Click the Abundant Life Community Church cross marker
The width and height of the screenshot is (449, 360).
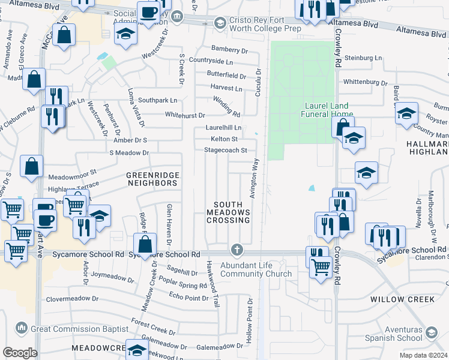[237, 249]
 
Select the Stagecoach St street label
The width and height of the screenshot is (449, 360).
[226, 150]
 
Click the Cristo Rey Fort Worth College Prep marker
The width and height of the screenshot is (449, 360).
[220, 23]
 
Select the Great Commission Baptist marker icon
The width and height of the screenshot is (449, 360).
[22, 328]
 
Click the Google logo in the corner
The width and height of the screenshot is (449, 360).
[20, 353]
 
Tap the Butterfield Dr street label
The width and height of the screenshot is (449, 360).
[226, 76]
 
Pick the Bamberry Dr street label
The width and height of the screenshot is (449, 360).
[229, 50]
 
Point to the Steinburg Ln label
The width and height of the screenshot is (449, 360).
[361, 58]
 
